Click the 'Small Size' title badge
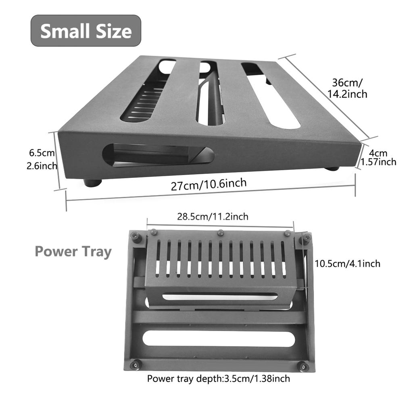click(86, 31)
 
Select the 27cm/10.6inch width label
click(209, 185)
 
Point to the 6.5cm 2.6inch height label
click(42, 159)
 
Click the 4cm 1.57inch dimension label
click(378, 158)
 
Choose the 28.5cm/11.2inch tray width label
click(213, 217)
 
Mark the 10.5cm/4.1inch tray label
click(347, 264)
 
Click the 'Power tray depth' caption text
click(218, 379)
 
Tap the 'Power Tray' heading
click(73, 251)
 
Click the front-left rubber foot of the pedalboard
click(93, 183)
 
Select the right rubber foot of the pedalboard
click(332, 168)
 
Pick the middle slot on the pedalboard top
click(210, 93)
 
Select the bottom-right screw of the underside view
click(303, 366)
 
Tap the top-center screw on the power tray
click(220, 233)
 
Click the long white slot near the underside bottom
click(219, 339)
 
